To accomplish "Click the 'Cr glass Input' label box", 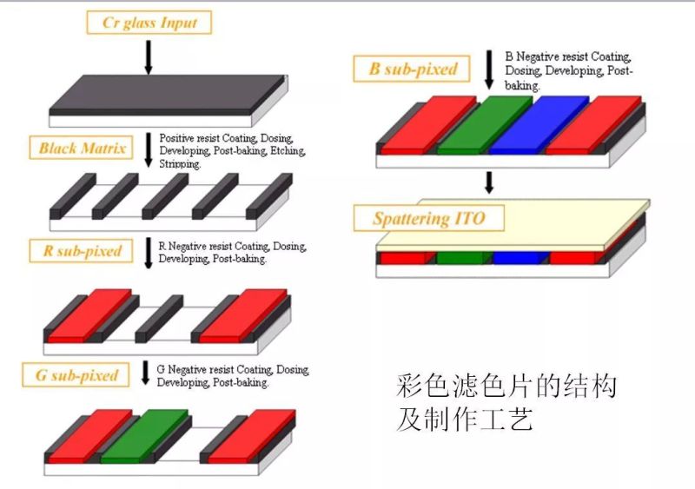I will (149, 23).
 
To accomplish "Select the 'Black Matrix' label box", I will (83, 148).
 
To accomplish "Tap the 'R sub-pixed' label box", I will (83, 252).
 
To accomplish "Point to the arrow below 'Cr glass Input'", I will (148, 56).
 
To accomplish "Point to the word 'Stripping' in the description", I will (178, 163).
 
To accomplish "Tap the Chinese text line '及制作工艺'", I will (464, 420).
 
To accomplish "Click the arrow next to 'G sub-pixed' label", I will (145, 373).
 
